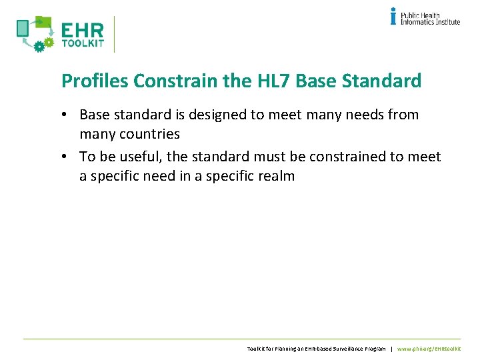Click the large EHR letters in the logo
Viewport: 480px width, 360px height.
(x=83, y=31)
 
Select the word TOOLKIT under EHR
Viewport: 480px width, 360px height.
(x=83, y=44)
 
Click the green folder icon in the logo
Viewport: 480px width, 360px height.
(x=43, y=22)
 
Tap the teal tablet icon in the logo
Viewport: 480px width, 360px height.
(x=23, y=28)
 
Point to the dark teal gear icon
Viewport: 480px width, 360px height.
(x=39, y=46)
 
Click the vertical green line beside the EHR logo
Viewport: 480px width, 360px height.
(x=115, y=34)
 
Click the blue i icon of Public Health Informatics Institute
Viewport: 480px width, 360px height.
(x=393, y=16)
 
